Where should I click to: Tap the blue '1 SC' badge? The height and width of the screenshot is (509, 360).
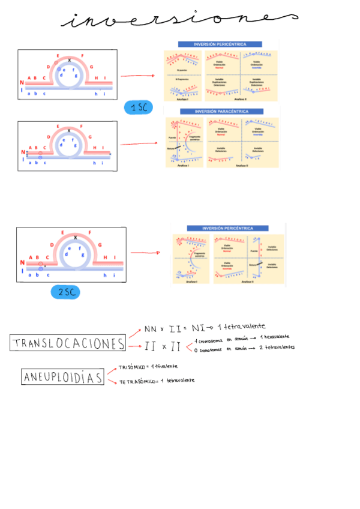pyautogui.click(x=138, y=108)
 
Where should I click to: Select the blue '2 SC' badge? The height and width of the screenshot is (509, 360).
pyautogui.click(x=65, y=292)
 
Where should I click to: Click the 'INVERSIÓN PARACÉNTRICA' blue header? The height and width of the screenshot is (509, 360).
pyautogui.click(x=221, y=112)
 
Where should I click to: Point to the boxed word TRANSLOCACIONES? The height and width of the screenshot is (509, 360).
pyautogui.click(x=68, y=343)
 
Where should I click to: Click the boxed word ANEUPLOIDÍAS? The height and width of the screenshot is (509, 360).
pyautogui.click(x=62, y=377)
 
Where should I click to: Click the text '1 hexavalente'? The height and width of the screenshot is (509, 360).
pyautogui.click(x=280, y=337)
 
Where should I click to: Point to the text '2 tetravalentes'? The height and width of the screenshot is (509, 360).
pyautogui.click(x=277, y=348)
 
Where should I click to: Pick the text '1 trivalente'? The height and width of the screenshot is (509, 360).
pyautogui.click(x=166, y=366)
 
